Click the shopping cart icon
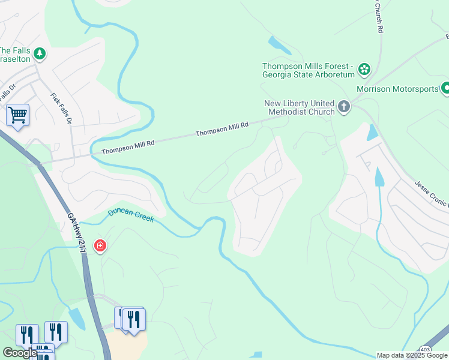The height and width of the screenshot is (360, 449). [17, 114]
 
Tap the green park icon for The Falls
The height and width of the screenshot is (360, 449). [40, 55]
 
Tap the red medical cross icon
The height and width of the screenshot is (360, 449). [100, 246]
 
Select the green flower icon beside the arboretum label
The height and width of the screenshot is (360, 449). [364, 70]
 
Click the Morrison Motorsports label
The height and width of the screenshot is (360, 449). [397, 89]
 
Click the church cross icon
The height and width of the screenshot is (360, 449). [343, 107]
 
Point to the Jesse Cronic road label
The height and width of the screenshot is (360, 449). [431, 194]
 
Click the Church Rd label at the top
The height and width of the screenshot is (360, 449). [379, 16]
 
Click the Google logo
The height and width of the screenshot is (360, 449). [19, 353]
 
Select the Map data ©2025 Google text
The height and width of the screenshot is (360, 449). [412, 355]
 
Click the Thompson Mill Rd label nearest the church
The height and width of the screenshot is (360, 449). [222, 129]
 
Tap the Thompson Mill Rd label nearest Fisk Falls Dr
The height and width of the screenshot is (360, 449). [128, 148]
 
